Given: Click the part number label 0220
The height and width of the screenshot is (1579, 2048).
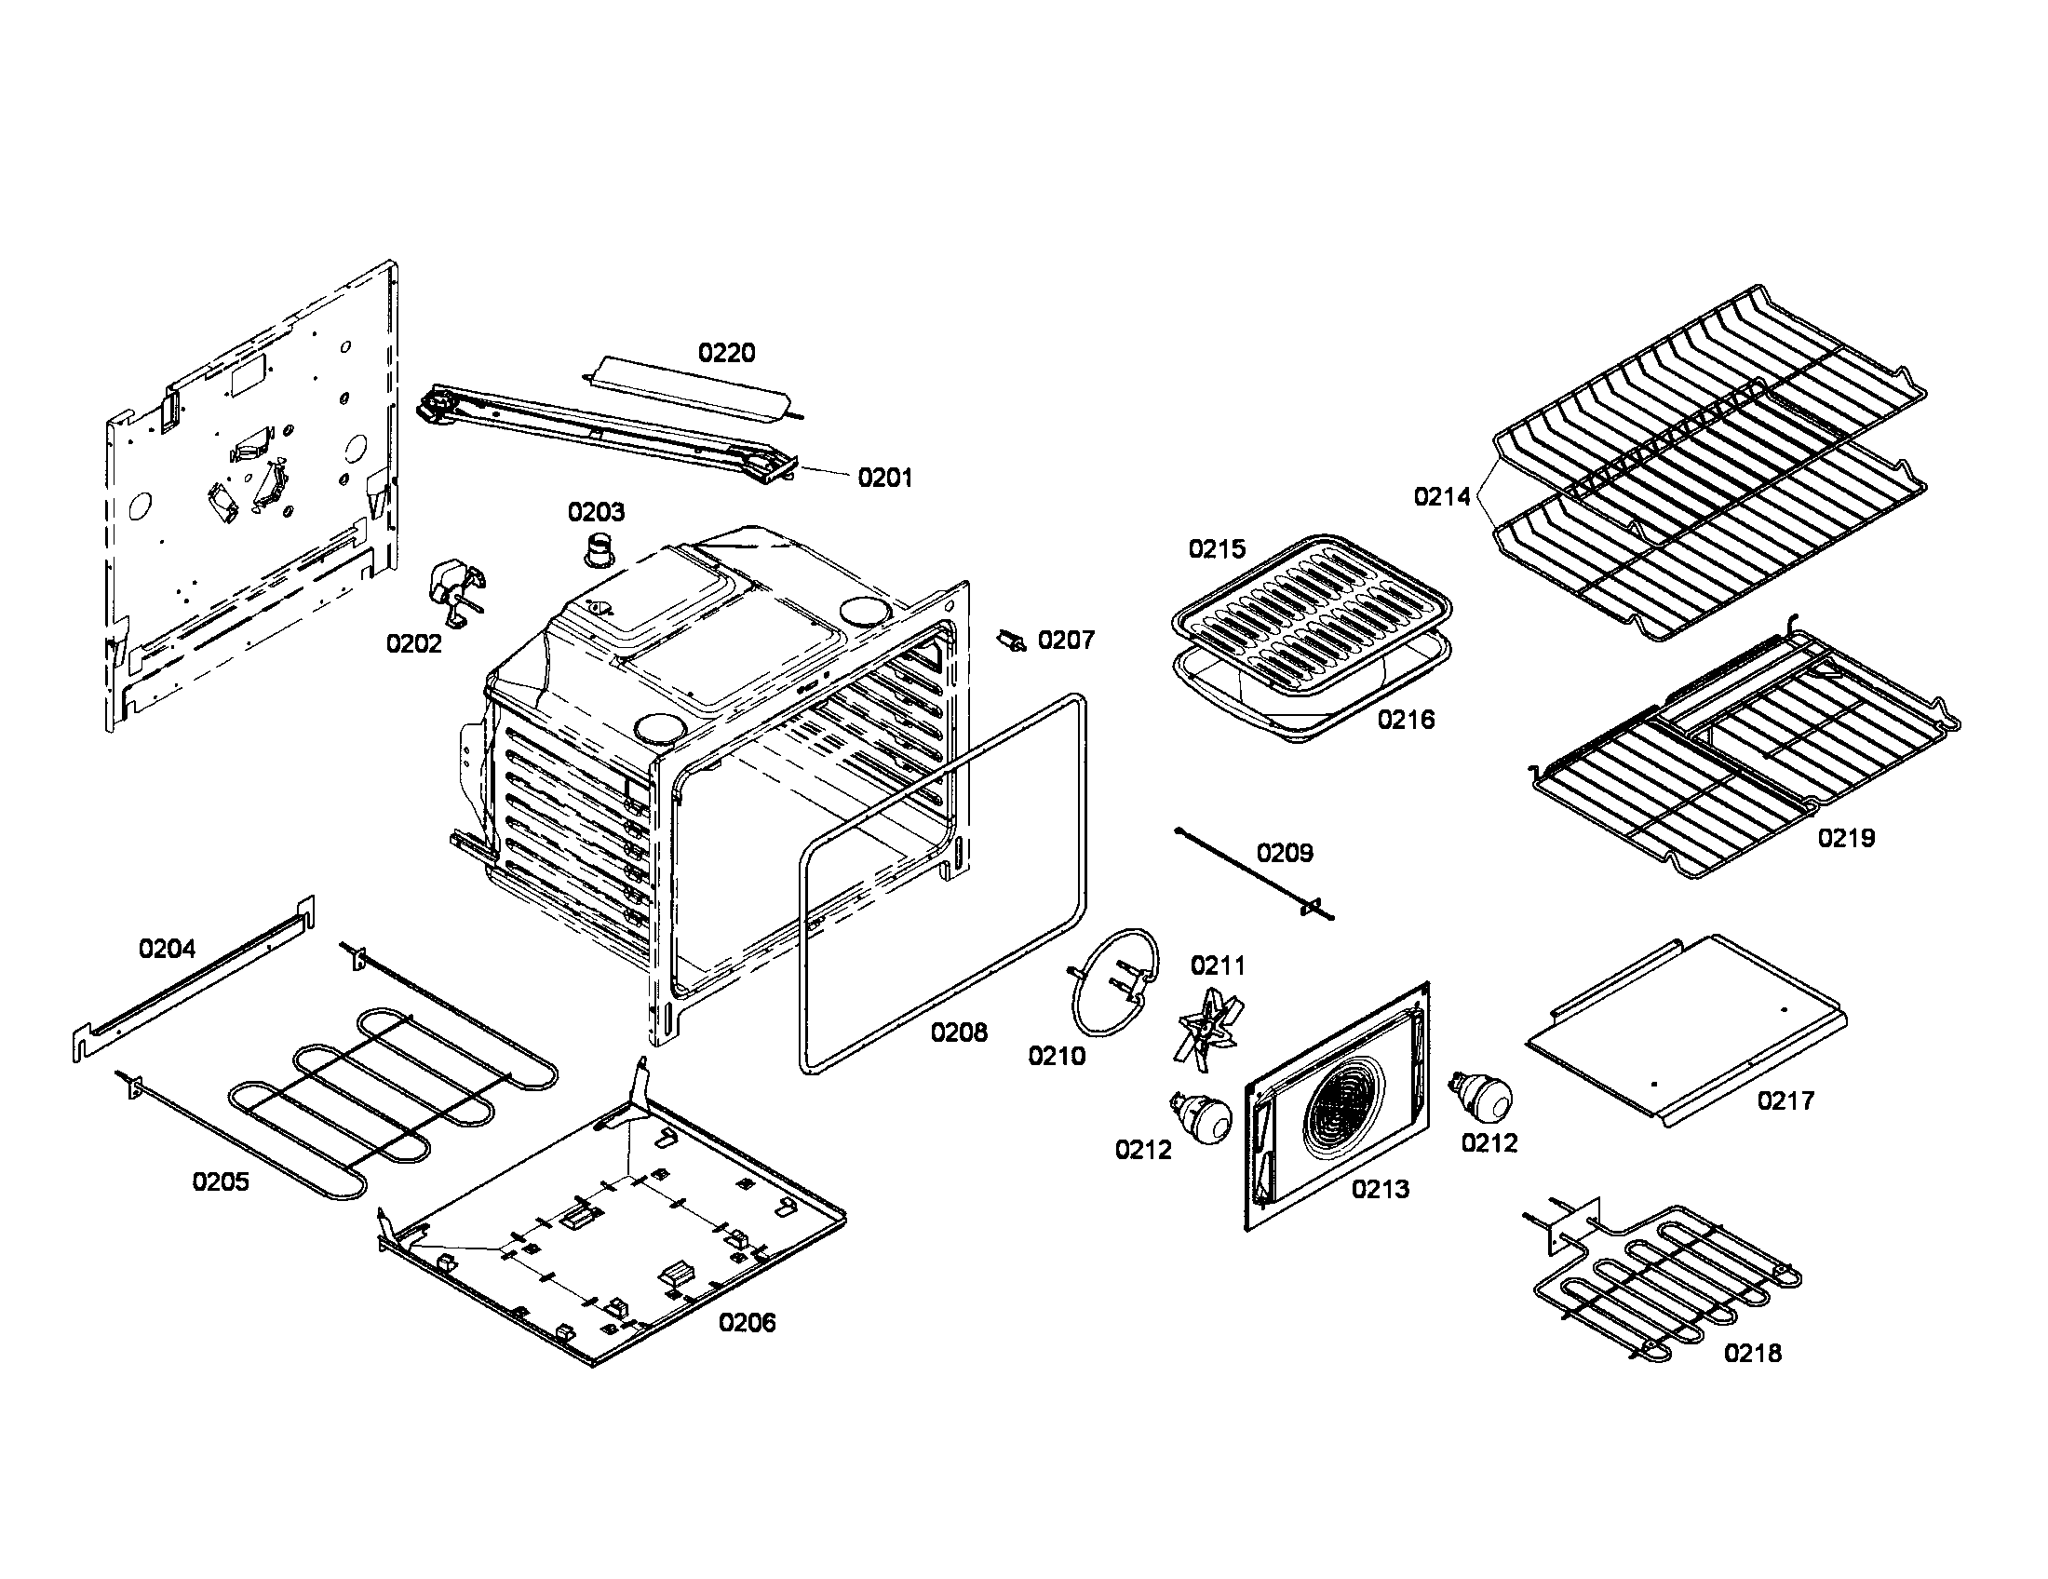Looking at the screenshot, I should pos(726,353).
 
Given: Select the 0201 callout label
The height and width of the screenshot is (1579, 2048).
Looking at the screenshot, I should pos(884,479).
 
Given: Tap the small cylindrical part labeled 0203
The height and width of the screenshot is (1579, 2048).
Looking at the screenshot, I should pos(598,548).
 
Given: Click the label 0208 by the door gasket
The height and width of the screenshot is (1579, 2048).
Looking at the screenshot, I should pos(958,1032).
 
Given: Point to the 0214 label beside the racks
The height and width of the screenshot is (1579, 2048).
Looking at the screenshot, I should pos(1442,497).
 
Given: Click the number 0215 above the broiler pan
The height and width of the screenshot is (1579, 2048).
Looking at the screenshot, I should pos(1217,549).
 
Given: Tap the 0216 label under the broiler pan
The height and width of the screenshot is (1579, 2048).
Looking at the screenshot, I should pos(1406,719).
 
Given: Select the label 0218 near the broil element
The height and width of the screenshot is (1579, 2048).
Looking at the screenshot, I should pos(1752,1353).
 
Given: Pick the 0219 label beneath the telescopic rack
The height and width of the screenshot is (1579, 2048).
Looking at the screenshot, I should pos(1845,838).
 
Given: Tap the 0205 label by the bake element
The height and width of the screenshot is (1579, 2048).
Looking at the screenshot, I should pos(221,1181).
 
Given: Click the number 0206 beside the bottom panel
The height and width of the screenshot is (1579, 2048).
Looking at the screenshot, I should pos(747,1323).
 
